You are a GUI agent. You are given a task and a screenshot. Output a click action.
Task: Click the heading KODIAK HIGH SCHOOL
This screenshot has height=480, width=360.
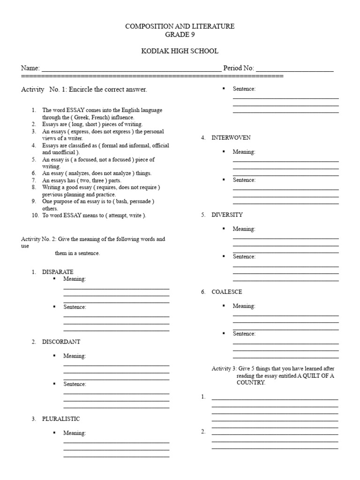[x=180, y=51]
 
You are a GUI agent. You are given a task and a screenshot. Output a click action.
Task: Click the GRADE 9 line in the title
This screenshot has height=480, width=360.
[x=180, y=34]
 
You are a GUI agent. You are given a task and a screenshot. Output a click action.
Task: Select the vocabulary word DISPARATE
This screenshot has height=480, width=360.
[x=58, y=272]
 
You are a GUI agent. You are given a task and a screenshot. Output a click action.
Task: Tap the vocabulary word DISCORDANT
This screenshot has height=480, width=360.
[x=61, y=342]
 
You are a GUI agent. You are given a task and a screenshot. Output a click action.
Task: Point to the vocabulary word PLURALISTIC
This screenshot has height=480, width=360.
[x=61, y=419]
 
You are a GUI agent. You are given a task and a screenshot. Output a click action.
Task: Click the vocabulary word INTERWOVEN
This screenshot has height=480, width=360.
[x=231, y=138]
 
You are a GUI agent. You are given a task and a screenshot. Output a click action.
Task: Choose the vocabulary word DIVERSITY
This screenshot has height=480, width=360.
[x=227, y=215]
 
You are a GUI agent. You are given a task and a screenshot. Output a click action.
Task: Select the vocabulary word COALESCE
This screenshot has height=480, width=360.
[x=227, y=292]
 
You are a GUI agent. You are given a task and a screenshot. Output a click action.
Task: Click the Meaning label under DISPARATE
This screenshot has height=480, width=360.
[x=75, y=279]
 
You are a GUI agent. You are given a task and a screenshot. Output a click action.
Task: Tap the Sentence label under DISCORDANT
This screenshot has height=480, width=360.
[x=75, y=384]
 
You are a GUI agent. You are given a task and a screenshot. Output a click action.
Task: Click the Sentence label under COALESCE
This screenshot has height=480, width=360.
[x=244, y=334]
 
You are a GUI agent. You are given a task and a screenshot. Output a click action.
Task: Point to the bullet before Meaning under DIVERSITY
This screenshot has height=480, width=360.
[x=224, y=228]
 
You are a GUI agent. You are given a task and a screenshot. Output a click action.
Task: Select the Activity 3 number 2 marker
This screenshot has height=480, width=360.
[x=203, y=432]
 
